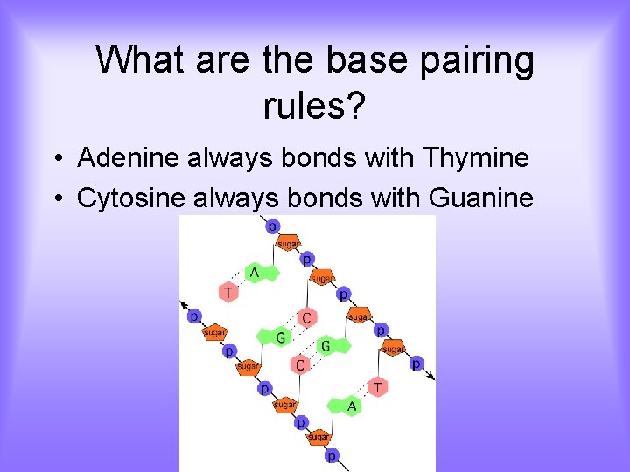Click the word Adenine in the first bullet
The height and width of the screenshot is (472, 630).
[128, 158]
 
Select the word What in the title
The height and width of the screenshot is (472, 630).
[139, 59]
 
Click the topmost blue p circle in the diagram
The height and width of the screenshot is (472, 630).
[272, 226]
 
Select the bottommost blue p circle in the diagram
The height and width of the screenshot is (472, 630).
[332, 455]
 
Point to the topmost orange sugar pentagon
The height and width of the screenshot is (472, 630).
[289, 244]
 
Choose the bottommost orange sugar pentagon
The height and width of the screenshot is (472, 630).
[318, 436]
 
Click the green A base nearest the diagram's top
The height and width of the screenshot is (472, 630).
[255, 273]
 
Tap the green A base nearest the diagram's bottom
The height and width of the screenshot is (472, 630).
[350, 406]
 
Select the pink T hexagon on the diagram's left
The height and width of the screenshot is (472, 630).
[228, 292]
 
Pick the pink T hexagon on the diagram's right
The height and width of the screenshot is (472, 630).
[377, 386]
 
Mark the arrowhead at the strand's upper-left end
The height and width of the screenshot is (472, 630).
[185, 305]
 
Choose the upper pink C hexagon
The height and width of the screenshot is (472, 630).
[306, 317]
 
